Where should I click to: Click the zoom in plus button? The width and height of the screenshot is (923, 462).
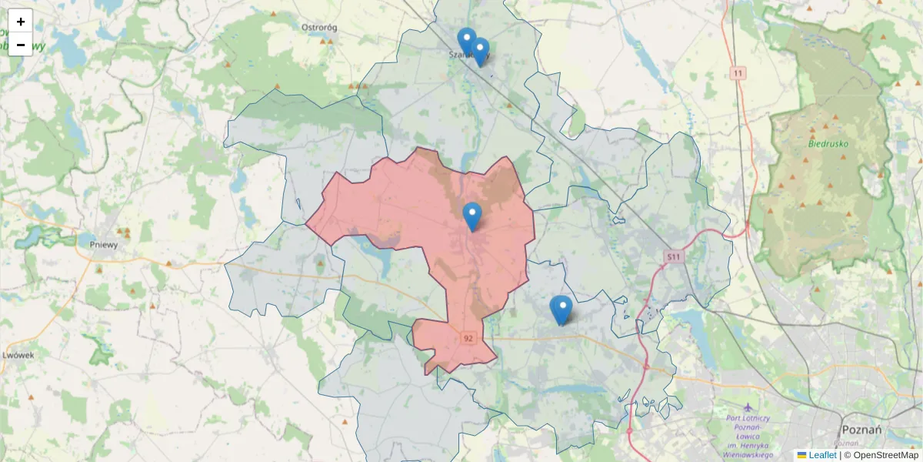pos(21,22)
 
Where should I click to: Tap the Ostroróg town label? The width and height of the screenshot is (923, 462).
pos(319,28)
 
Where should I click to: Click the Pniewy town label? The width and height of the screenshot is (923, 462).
pos(103,245)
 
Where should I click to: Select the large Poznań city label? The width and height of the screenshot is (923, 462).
pos(861,429)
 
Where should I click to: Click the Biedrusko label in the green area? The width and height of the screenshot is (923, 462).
pos(828,143)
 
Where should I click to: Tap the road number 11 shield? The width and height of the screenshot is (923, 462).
pos(738,73)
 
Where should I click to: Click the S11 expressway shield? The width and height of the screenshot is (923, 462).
pos(675,256)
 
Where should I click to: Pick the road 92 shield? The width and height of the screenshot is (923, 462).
pos(468,337)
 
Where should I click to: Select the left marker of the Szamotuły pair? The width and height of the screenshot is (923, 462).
pos(466,40)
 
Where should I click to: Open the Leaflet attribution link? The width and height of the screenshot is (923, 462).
pos(822,455)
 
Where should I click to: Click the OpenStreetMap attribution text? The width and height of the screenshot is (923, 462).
pos(885,455)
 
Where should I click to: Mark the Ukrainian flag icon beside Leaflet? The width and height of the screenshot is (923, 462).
pos(801,455)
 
